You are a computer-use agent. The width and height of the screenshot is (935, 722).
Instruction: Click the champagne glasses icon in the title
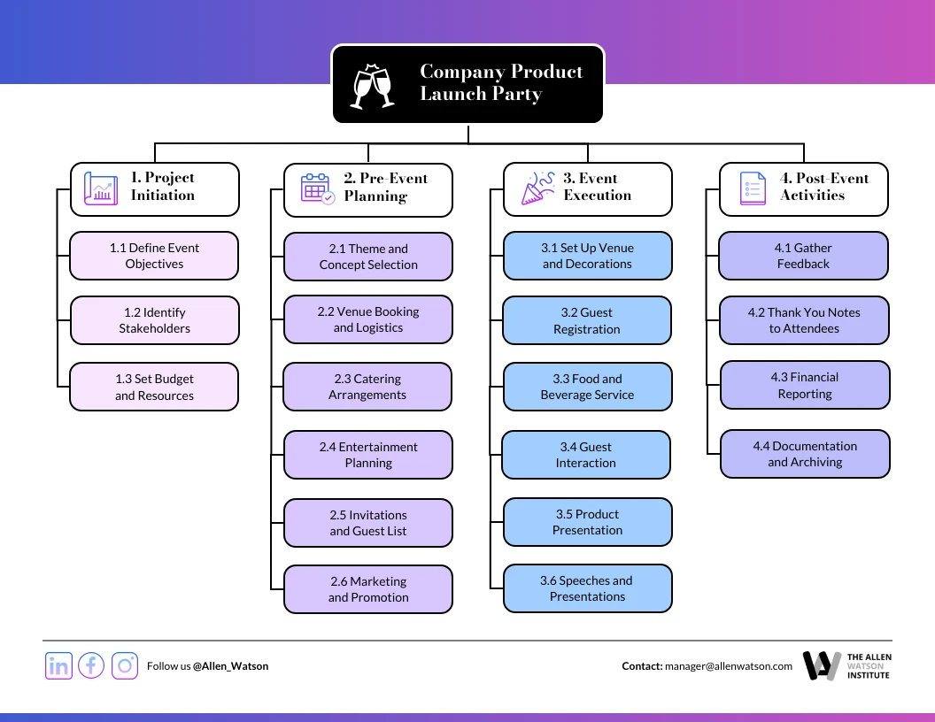click(x=373, y=86)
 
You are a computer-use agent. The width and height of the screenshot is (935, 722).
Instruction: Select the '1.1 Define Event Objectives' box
click(x=154, y=256)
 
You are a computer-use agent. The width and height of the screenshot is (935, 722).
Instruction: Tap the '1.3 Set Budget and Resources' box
click(x=154, y=387)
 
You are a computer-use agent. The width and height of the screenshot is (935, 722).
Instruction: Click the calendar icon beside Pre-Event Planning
click(x=316, y=188)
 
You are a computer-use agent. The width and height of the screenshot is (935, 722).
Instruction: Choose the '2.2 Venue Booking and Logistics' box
click(x=367, y=319)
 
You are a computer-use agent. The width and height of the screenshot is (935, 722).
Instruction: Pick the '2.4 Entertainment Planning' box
click(x=367, y=455)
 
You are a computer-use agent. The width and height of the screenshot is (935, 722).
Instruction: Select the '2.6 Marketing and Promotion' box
click(x=367, y=589)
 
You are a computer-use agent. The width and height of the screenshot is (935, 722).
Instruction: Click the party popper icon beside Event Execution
click(x=537, y=188)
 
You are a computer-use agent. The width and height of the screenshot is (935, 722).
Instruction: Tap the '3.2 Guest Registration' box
click(x=586, y=320)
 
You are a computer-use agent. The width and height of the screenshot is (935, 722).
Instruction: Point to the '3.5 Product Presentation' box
click(x=587, y=522)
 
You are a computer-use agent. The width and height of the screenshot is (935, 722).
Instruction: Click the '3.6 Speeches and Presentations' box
click(x=587, y=588)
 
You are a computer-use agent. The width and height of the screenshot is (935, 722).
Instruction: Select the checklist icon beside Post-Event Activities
click(x=753, y=188)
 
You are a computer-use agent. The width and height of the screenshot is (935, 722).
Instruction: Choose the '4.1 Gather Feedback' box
click(x=803, y=256)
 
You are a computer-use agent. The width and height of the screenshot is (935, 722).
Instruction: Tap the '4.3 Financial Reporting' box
click(x=804, y=385)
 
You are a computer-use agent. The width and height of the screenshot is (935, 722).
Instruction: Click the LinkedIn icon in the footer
click(x=58, y=665)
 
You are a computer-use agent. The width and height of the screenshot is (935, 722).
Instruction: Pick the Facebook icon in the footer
click(x=91, y=665)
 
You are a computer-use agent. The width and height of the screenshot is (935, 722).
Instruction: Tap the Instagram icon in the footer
click(x=125, y=665)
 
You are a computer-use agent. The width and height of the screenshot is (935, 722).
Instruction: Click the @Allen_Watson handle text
click(x=230, y=666)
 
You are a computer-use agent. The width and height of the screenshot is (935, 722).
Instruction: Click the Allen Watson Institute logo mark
click(x=821, y=665)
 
